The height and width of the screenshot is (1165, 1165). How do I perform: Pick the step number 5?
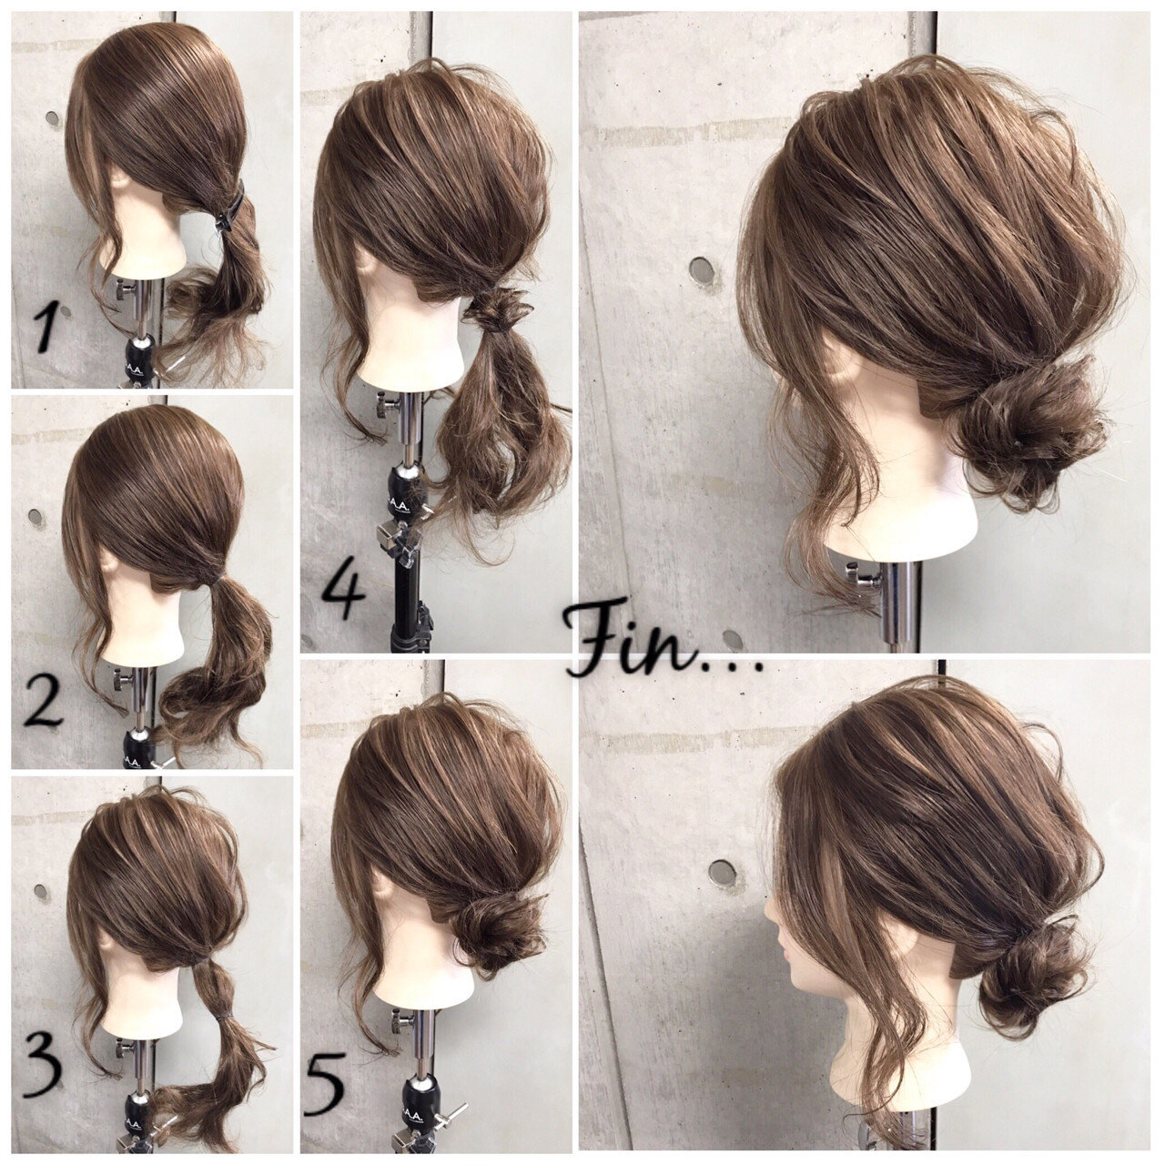coord(325,1084)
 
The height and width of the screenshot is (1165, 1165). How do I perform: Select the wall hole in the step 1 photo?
coord(52,118)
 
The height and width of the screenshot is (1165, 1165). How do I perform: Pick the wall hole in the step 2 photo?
coord(36,518)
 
